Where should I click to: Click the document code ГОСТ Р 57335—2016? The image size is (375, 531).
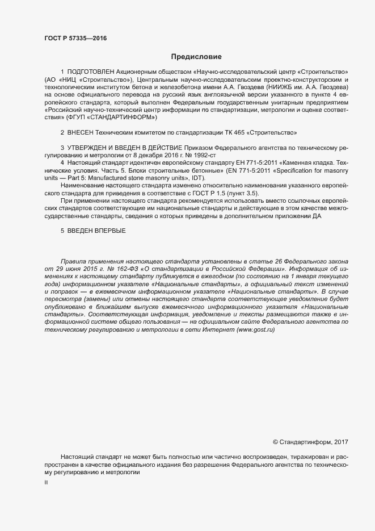[x=75, y=38]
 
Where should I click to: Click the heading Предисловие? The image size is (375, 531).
[x=196, y=57]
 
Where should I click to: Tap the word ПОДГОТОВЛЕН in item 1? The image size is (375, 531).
[x=90, y=72]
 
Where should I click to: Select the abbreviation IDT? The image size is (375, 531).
[x=198, y=178]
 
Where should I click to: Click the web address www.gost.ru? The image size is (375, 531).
[x=255, y=330]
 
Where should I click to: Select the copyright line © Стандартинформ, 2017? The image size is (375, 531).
[x=311, y=441]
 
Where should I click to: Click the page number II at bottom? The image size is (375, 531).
[x=46, y=482]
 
